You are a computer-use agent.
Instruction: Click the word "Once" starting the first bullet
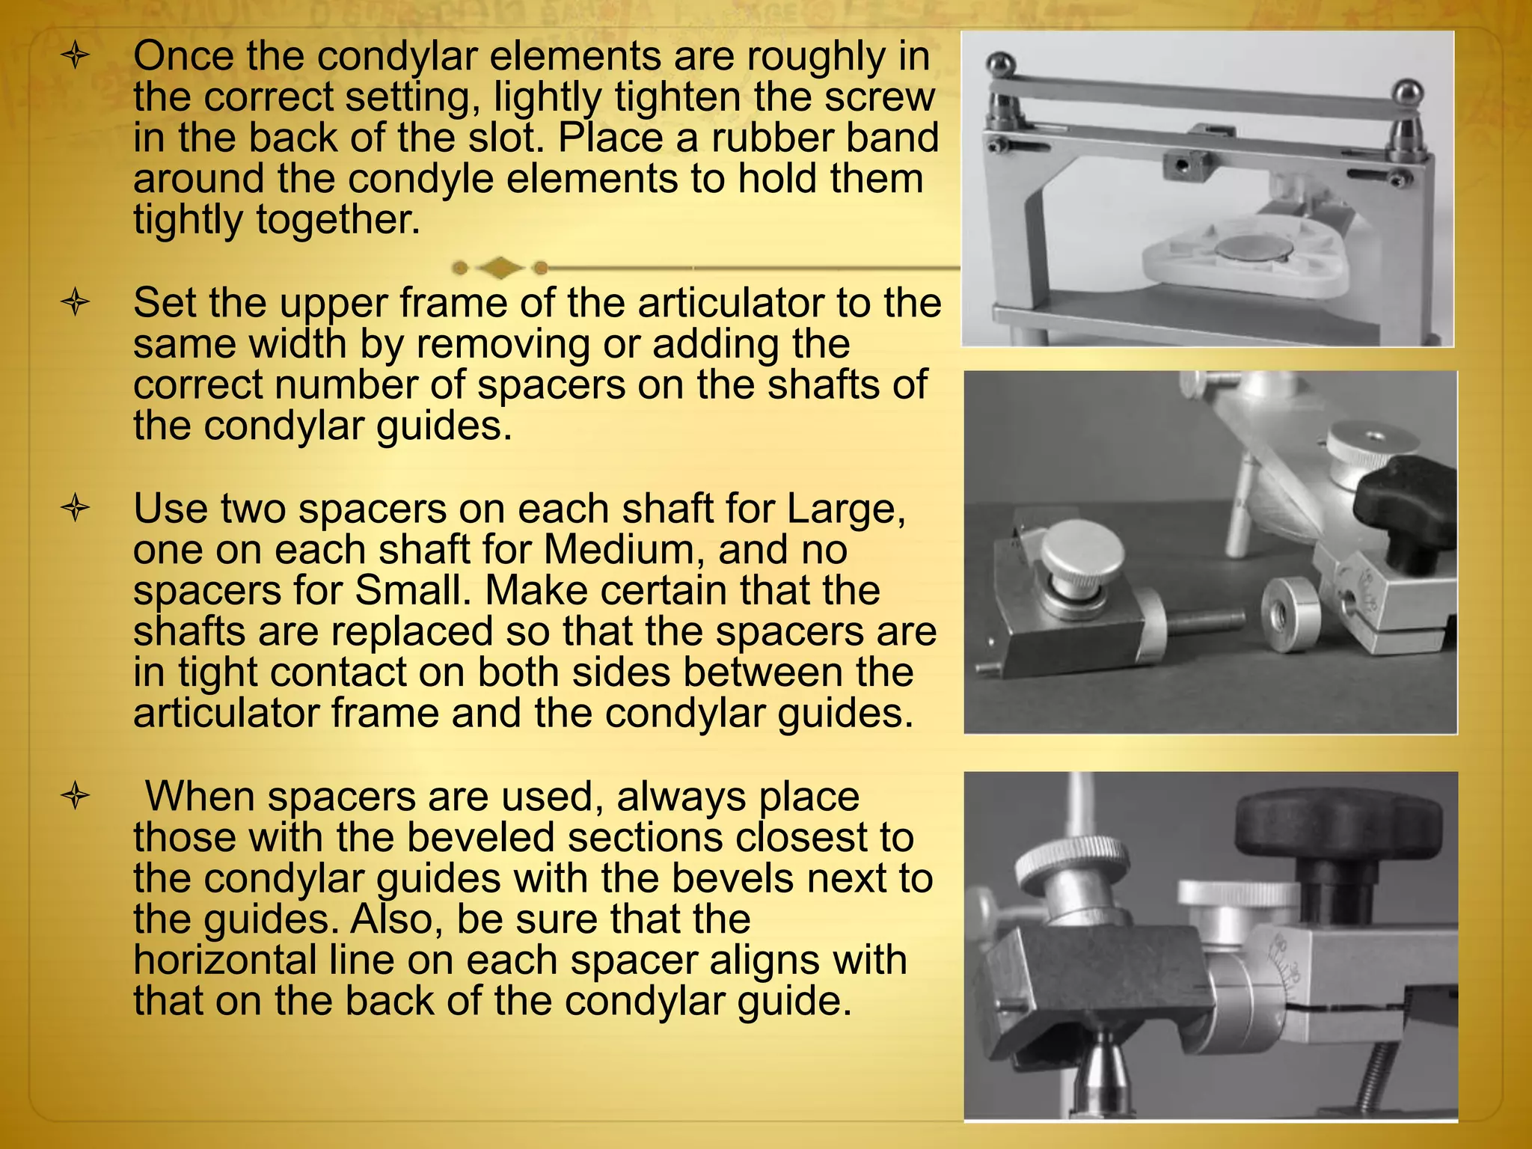183,56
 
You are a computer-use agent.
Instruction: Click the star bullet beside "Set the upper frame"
76,304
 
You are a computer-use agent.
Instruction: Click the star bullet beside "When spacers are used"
76,796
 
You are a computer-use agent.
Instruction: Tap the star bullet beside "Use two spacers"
76,509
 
